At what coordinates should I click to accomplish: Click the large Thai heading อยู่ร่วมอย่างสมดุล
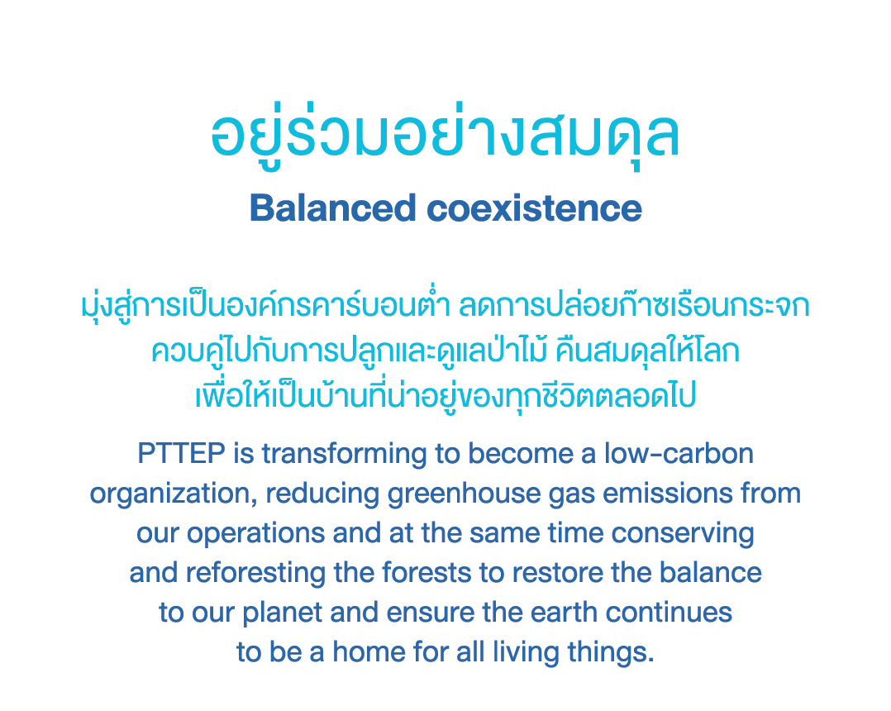[x=445, y=136]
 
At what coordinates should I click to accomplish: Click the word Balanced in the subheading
[x=333, y=208]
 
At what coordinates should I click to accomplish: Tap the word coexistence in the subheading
[x=534, y=208]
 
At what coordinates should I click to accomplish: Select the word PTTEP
[x=181, y=454]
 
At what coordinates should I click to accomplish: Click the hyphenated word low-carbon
[x=679, y=454]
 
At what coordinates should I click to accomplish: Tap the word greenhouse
[x=464, y=494]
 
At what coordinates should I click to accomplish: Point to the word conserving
[x=683, y=534]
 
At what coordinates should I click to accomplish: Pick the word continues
[x=669, y=613]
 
